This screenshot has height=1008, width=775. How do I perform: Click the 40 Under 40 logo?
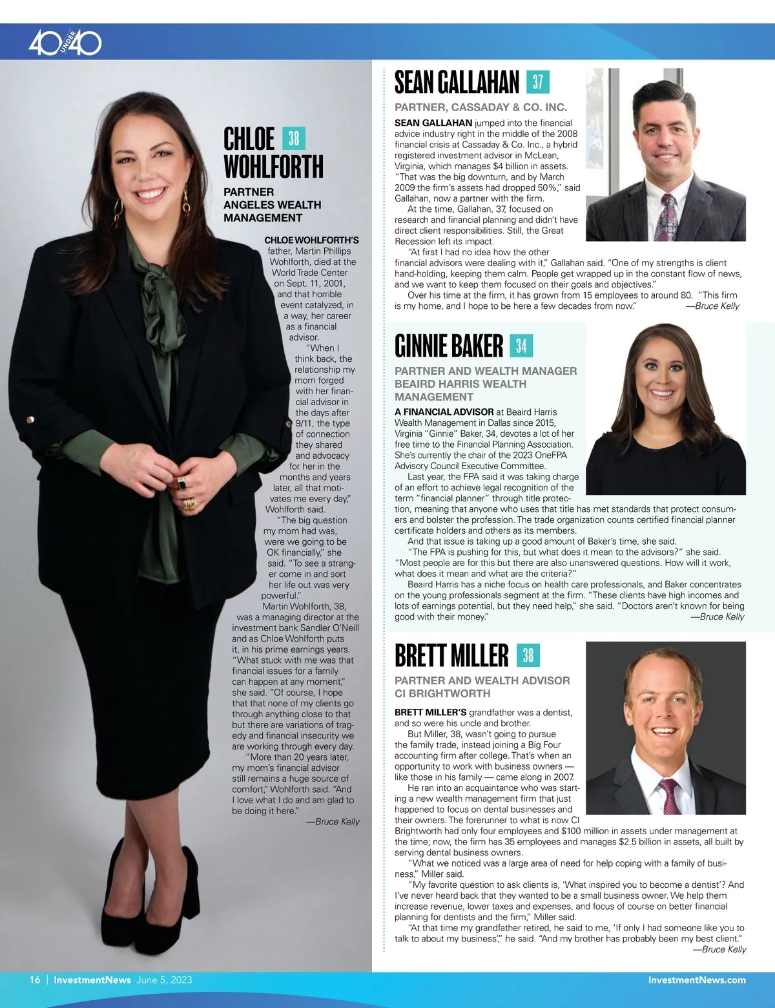tap(65, 43)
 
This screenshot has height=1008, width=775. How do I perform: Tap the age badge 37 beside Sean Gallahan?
tap(537, 82)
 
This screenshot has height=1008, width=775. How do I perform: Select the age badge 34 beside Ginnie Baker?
tap(521, 346)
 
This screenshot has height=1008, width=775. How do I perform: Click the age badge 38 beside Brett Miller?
tap(528, 655)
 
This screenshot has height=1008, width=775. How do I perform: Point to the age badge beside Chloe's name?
tap(294, 138)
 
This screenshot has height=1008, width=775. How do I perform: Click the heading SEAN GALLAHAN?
tap(457, 83)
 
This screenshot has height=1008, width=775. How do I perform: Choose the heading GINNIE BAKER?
tap(449, 346)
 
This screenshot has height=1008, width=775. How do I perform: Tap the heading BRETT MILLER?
tap(451, 655)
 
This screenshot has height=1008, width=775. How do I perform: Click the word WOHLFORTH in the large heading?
tap(273, 166)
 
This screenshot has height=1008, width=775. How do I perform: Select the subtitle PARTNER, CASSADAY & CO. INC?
tap(480, 107)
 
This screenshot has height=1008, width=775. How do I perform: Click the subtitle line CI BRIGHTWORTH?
tap(442, 693)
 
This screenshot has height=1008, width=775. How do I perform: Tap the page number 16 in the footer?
tap(35, 980)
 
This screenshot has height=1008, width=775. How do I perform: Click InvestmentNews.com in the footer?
tap(697, 980)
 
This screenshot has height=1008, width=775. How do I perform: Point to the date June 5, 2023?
tap(164, 980)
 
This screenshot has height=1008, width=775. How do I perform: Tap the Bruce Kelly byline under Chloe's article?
tap(333, 822)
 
